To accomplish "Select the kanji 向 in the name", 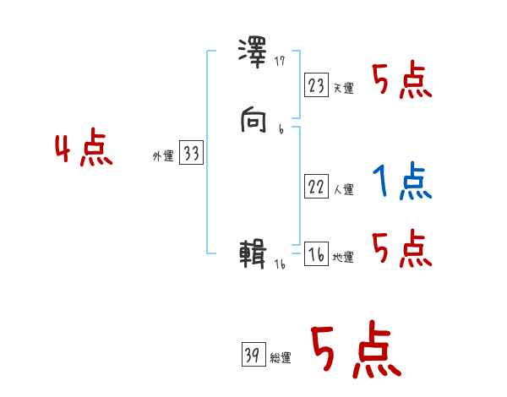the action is tap(254, 123).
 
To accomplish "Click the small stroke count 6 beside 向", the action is tap(281, 129).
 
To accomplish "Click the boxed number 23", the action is tap(316, 85).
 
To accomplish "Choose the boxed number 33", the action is tap(191, 154).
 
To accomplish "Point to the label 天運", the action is tap(343, 88).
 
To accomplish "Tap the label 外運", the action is tap(163, 156).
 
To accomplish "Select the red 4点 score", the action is tap(84, 150).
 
